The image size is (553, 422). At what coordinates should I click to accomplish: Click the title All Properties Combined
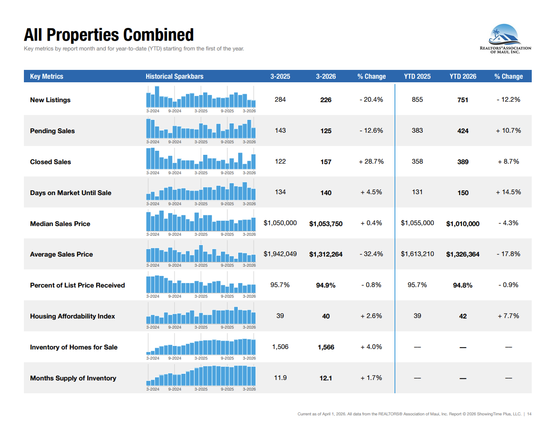click(109, 35)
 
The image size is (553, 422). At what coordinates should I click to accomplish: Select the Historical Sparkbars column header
click(174, 77)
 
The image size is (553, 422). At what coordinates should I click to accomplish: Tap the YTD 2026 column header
click(463, 77)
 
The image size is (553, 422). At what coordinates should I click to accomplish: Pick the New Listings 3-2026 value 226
click(326, 100)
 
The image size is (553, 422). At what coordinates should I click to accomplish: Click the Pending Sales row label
click(52, 131)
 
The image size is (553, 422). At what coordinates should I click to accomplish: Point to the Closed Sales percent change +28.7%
click(371, 161)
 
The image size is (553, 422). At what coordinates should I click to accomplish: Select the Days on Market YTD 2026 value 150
click(463, 193)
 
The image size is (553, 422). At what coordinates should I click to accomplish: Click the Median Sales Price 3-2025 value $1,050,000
click(280, 223)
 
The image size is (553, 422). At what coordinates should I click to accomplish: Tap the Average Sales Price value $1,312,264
click(326, 254)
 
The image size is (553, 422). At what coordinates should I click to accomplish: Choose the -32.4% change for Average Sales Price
click(371, 254)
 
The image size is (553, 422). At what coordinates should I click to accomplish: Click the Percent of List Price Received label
click(77, 285)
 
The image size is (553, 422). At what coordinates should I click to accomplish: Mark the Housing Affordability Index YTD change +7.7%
click(508, 316)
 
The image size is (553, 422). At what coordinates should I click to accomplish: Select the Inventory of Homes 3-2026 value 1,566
click(326, 347)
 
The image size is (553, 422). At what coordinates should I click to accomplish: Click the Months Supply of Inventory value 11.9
click(280, 378)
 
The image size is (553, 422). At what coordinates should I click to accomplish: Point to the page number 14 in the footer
click(529, 414)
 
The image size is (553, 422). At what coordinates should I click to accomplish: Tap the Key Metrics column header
click(46, 77)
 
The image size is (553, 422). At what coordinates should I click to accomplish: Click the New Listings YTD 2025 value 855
click(417, 100)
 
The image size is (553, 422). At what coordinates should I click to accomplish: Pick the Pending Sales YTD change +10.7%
click(508, 130)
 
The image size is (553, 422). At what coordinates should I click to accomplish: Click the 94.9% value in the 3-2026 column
click(326, 285)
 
